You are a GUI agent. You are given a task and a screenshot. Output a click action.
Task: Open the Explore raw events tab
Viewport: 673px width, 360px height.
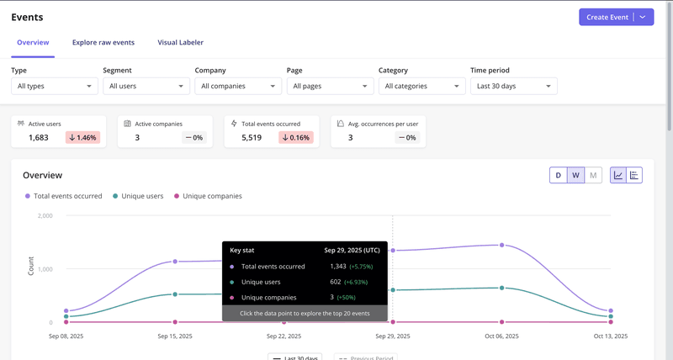click(x=103, y=42)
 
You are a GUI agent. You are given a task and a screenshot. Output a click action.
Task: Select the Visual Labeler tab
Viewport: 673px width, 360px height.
click(x=180, y=42)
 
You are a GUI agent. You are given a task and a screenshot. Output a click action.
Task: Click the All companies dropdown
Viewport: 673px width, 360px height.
click(x=238, y=86)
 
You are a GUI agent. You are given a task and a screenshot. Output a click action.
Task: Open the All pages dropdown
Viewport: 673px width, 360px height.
click(x=330, y=86)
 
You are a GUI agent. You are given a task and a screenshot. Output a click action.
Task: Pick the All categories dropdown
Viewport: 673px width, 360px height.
click(x=421, y=86)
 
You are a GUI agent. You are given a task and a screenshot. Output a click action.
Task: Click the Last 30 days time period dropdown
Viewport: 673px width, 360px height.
click(x=513, y=86)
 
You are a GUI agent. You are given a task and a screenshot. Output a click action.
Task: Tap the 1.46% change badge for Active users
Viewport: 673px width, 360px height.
click(x=82, y=137)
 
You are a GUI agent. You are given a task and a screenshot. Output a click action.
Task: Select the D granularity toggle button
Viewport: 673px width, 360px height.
click(x=557, y=175)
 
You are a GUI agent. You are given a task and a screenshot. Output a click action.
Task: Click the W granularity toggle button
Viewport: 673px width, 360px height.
click(x=575, y=175)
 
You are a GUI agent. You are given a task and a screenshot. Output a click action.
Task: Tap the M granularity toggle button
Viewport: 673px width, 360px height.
click(x=593, y=175)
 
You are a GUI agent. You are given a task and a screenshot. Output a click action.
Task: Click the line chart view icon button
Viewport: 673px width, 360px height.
click(x=618, y=175)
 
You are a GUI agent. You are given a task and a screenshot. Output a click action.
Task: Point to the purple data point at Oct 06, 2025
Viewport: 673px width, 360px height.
click(x=501, y=245)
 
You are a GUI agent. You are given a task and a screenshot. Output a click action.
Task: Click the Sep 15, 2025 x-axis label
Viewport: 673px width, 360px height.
click(x=175, y=336)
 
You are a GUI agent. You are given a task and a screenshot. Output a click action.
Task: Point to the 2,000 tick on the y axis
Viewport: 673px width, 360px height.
click(x=45, y=215)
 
